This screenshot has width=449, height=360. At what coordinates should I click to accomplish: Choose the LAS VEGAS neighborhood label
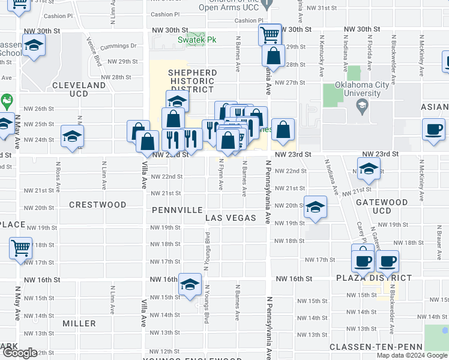click(231, 218)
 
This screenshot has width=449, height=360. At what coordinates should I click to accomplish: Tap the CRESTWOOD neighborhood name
click(97, 205)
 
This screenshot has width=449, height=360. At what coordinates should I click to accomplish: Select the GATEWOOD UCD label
click(373, 206)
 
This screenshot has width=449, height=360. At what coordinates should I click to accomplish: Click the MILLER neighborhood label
click(79, 323)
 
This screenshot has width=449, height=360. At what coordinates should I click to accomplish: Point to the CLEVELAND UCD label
click(79, 85)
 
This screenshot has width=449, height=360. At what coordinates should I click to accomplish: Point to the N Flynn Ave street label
click(221, 175)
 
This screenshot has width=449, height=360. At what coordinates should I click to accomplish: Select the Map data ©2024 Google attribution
click(411, 355)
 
